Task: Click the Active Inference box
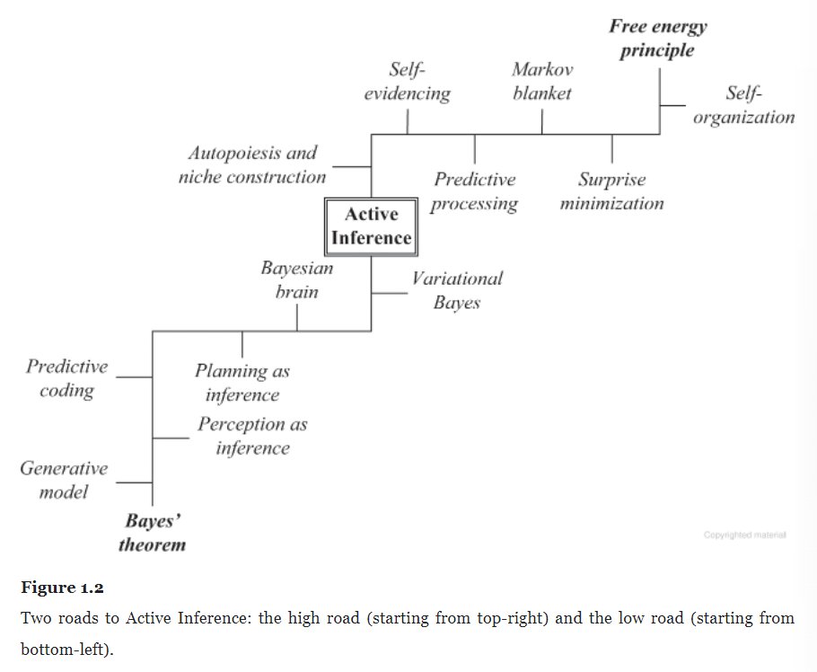coord(371,225)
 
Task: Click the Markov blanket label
coord(542,81)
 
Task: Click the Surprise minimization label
coord(611,191)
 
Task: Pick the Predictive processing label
coord(474,191)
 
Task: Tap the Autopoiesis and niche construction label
coord(252,165)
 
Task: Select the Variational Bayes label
coord(456,290)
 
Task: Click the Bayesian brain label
coord(296,279)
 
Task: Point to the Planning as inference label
coord(242,383)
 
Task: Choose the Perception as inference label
coord(252,436)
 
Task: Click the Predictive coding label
coord(66,378)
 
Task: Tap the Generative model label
coord(63,480)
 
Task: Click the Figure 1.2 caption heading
coord(62,588)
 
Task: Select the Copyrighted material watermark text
coord(744,535)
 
